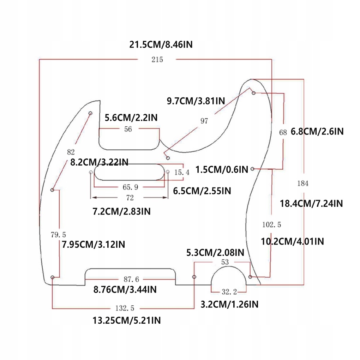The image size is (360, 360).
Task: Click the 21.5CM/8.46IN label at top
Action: pos(161,45)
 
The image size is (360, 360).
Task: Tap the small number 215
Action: pos(157,60)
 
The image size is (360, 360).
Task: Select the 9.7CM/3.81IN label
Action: pos(196,101)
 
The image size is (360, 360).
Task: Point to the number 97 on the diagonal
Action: pos(204,121)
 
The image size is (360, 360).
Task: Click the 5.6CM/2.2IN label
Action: pos(131,118)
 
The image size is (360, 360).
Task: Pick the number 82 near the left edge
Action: pos(71,152)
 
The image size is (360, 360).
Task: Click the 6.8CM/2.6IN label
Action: pos(317,132)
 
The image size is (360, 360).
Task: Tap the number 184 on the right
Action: pos(303,183)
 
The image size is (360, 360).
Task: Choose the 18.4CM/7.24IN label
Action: pos(311,203)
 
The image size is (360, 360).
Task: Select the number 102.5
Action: pos(272,224)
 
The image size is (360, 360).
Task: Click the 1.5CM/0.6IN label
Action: pos(222,169)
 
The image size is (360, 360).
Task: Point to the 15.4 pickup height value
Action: pos(182,173)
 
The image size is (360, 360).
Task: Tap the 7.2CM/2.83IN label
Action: pos(121,211)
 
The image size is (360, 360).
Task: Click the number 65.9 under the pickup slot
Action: pos(130,187)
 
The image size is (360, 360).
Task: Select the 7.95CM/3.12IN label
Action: pos(93,244)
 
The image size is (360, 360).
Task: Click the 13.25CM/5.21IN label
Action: pos(127,320)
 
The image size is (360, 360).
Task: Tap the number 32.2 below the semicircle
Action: pos(229,292)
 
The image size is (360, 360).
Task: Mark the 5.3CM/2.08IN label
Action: pos(215,252)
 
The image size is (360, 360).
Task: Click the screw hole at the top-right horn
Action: pos(254,93)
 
